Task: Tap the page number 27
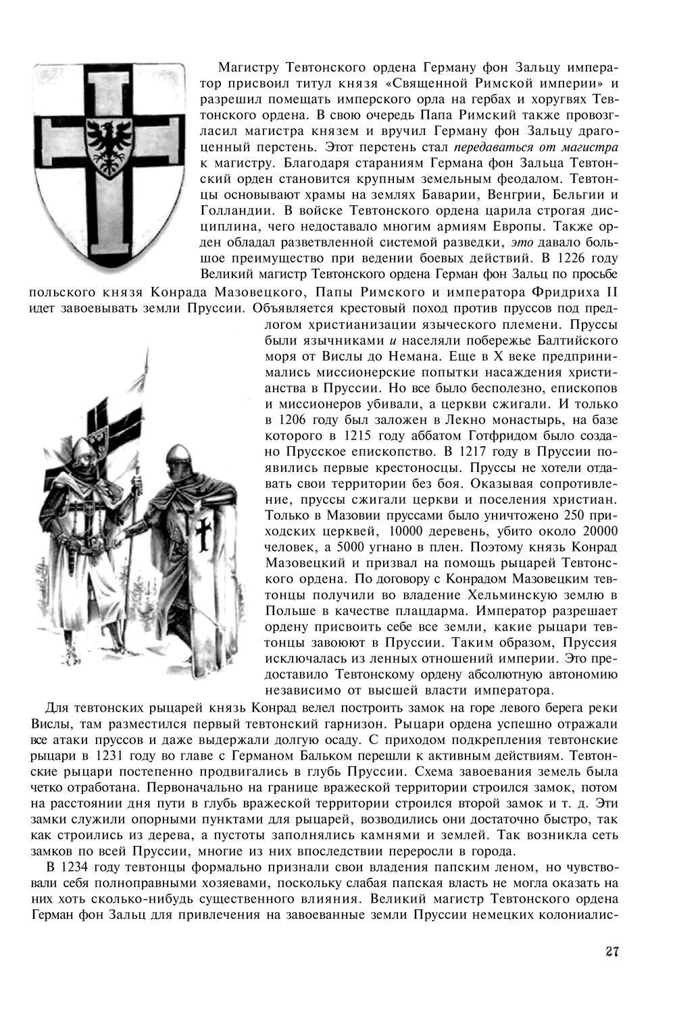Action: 612,951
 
